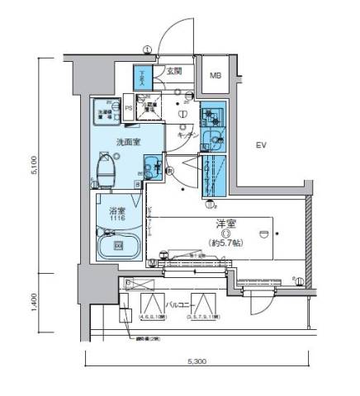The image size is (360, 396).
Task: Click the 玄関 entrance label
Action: click(175, 72)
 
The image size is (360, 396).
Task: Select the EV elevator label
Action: click(262, 146)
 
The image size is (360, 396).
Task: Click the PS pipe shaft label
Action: click(129, 106)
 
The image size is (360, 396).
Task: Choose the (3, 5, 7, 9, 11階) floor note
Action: click(207, 316)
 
